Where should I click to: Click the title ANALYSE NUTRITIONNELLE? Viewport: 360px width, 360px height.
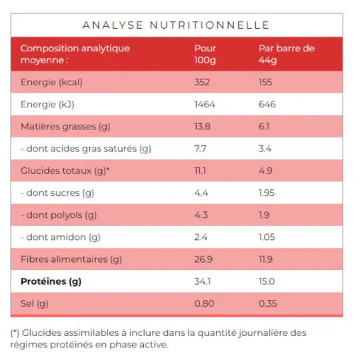(x=175, y=25)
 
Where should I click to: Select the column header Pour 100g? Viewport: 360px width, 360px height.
(x=205, y=54)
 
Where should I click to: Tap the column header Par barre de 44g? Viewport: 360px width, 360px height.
(x=286, y=54)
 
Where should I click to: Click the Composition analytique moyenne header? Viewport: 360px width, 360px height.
(x=75, y=54)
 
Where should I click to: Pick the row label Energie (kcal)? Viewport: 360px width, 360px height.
(x=51, y=83)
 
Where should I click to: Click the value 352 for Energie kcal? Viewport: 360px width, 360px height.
(x=201, y=83)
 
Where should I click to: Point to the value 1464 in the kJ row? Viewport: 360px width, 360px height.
(x=204, y=105)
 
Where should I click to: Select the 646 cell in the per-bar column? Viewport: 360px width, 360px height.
(x=267, y=105)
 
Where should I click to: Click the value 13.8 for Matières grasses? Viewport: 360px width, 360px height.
(x=202, y=127)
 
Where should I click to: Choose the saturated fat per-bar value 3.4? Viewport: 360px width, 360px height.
(x=265, y=149)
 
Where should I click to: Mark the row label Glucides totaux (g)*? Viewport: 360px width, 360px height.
(x=65, y=171)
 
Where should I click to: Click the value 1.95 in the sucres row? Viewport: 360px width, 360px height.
(x=267, y=193)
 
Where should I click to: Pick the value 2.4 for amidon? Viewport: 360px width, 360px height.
(x=200, y=237)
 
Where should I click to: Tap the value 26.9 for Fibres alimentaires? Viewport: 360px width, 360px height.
(x=203, y=259)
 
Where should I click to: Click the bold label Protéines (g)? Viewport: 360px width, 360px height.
(x=51, y=281)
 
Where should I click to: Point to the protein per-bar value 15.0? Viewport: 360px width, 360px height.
(x=267, y=281)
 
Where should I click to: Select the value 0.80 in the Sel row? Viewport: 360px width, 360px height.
(x=203, y=303)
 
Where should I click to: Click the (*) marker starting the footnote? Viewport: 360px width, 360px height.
(x=15, y=333)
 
